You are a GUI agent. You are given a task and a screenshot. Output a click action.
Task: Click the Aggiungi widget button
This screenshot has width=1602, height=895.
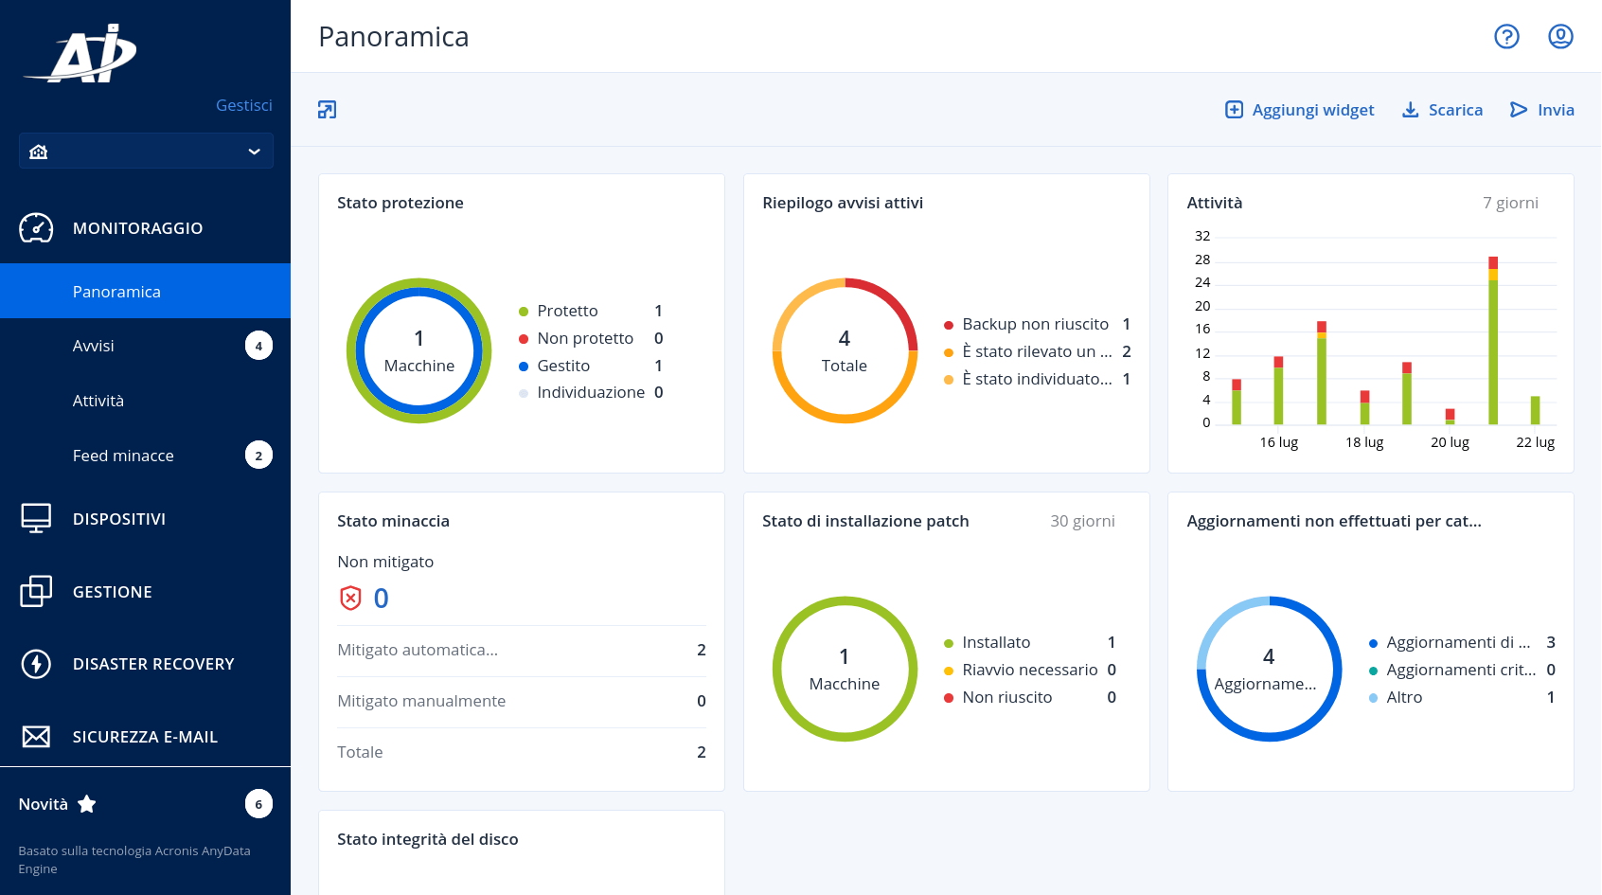[x=1299, y=110]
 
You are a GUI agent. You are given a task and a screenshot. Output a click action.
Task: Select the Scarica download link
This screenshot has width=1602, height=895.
[x=1442, y=110]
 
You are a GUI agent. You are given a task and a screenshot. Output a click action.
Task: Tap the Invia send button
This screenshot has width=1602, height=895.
[x=1542, y=110]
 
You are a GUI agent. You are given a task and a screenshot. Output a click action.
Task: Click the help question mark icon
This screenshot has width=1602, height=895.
[x=1506, y=37]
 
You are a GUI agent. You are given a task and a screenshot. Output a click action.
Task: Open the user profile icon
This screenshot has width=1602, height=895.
[x=1559, y=37]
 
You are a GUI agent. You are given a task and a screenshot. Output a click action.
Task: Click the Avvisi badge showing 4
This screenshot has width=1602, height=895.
[x=258, y=346]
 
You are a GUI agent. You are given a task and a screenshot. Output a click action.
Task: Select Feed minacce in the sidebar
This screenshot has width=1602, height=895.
[x=123, y=456]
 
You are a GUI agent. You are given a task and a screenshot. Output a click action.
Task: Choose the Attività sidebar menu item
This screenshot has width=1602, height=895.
[x=98, y=401]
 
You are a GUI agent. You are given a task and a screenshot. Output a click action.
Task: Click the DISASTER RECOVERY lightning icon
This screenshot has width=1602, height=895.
[x=36, y=664]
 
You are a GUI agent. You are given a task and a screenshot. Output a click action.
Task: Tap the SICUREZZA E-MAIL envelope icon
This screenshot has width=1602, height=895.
[x=36, y=736]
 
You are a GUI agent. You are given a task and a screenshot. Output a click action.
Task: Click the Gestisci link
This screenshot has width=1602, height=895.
[x=244, y=105]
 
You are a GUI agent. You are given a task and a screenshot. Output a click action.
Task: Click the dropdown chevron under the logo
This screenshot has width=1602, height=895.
[x=254, y=152]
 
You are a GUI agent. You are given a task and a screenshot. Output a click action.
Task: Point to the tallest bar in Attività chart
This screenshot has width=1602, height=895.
[x=1492, y=341]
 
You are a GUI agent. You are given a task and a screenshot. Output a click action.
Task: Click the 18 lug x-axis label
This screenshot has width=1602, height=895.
[x=1363, y=442]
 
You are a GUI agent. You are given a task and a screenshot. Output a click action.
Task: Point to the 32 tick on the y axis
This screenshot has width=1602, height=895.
[x=1202, y=236]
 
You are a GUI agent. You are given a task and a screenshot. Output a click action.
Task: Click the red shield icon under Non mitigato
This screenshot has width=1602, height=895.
[x=349, y=598]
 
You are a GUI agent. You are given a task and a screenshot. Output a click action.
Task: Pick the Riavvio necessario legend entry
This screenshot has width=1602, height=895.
[x=1030, y=670]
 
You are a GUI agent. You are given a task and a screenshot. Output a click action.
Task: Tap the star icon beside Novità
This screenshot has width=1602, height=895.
[x=86, y=804]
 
